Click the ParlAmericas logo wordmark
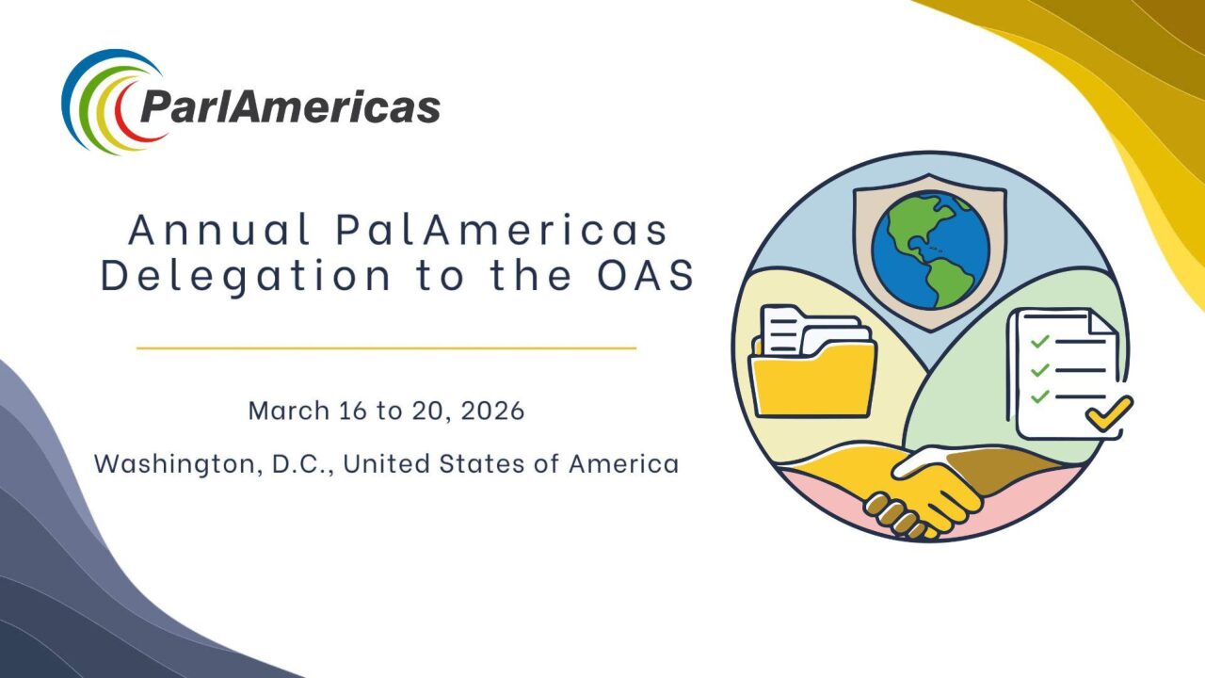pos(291,107)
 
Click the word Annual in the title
pos(220,230)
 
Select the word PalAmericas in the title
pos(502,230)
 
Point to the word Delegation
pos(246,277)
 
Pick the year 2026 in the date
pos(492,411)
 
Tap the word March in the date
pos(289,411)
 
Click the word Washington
pos(179,464)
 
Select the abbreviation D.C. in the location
pos(302,464)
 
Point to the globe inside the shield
pos(931,250)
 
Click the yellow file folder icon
pos(813,362)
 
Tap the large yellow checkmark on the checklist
pos(1109,412)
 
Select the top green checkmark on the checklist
pos(1040,341)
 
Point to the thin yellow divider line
pos(386,348)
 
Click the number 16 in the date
pos(353,411)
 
